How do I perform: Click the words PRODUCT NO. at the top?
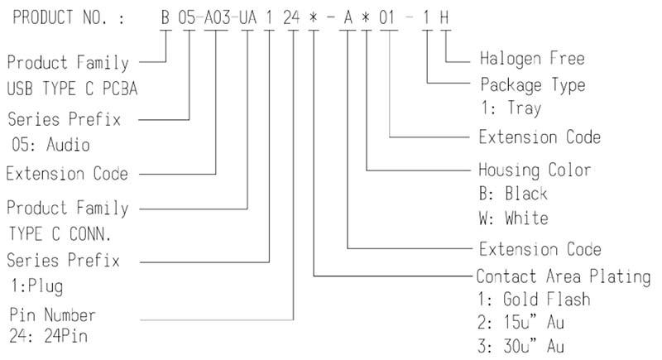pyautogui.click(x=60, y=17)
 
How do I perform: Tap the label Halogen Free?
pyautogui.click(x=532, y=59)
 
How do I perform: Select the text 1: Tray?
pyautogui.click(x=511, y=108)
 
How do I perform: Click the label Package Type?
pyautogui.click(x=533, y=86)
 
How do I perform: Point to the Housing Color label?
pyautogui.click(x=535, y=170)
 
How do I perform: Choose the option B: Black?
pyautogui.click(x=513, y=194)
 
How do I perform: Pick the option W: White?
pyautogui.click(x=513, y=218)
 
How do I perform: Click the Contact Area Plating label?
pyautogui.click(x=564, y=277)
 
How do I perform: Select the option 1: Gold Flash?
pyautogui.click(x=534, y=300)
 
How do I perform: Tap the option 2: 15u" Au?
pyautogui.click(x=521, y=323)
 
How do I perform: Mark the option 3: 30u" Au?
pyautogui.click(x=521, y=346)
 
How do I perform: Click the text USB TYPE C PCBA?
pyautogui.click(x=72, y=89)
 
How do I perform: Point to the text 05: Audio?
pyautogui.click(x=50, y=144)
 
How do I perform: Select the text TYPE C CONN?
pyautogui.click(x=60, y=234)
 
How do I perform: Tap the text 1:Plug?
pyautogui.click(x=37, y=286)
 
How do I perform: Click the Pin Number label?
pyautogui.click(x=52, y=315)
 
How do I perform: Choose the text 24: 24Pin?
pyautogui.click(x=49, y=336)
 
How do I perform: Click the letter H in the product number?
pyautogui.click(x=444, y=17)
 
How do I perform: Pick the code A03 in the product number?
pyautogui.click(x=218, y=17)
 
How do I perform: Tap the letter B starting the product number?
pyautogui.click(x=165, y=17)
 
